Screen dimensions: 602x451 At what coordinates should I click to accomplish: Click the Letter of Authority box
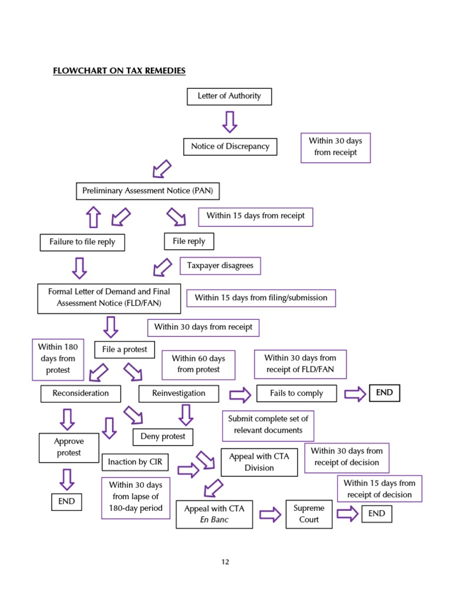(229, 96)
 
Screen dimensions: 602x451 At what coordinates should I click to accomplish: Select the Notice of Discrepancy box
(230, 146)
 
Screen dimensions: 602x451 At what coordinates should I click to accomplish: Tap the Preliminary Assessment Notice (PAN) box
(147, 191)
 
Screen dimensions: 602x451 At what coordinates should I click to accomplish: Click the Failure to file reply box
(82, 242)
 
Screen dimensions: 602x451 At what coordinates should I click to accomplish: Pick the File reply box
(189, 241)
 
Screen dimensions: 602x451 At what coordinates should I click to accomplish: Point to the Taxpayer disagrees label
(220, 266)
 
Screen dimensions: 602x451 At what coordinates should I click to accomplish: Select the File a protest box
(124, 349)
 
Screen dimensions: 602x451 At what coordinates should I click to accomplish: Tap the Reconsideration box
(81, 393)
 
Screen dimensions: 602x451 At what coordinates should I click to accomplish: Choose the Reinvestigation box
(179, 393)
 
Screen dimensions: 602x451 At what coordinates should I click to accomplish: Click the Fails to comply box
(297, 393)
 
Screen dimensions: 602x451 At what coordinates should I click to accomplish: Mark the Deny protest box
(163, 437)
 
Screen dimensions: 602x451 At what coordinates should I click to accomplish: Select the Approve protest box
(69, 447)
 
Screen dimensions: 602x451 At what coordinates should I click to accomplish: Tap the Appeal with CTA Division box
(259, 462)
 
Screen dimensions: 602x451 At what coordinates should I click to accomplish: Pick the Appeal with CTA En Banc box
(214, 514)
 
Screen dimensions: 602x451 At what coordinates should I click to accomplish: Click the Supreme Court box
(309, 514)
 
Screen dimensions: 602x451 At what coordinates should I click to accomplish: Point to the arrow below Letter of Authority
(230, 122)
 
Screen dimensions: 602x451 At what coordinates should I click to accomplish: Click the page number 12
(225, 562)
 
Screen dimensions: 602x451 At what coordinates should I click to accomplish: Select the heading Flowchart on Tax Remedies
(119, 71)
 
